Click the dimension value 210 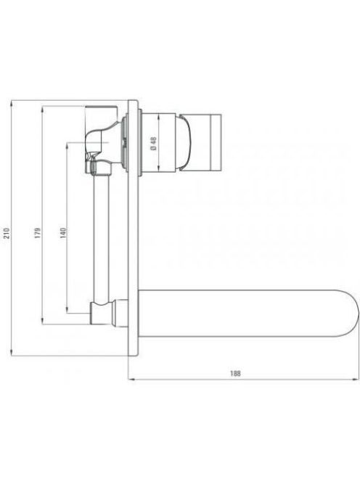[x=7, y=233]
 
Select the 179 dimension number [x=38, y=233]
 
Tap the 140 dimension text [x=62, y=233]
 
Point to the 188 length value [x=235, y=374]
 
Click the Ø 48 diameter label [x=154, y=144]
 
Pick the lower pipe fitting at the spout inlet [x=103, y=313]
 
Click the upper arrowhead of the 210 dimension [x=12, y=102]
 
